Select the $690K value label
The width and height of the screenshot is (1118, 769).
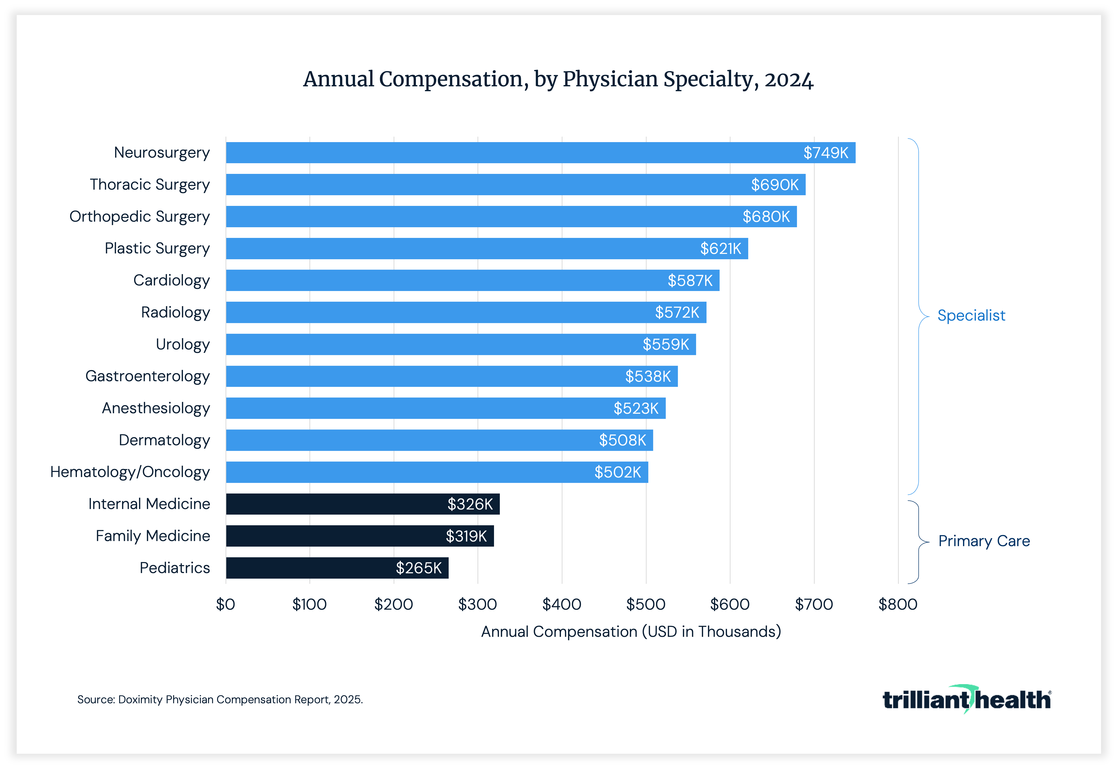[774, 185]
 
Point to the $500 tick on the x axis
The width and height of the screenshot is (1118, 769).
[646, 604]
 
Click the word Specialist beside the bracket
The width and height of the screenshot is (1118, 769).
[971, 316]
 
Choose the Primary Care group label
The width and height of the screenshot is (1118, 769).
[984, 541]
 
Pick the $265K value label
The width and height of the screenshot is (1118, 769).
[418, 568]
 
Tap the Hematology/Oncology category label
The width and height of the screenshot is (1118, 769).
[130, 472]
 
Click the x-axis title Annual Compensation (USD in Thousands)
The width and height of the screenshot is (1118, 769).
[631, 632]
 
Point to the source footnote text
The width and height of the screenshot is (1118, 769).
[220, 700]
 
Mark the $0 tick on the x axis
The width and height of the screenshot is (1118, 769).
[226, 604]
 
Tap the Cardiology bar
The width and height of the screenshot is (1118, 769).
[472, 280]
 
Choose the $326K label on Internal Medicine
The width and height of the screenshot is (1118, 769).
[470, 504]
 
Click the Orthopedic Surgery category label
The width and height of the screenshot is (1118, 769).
[140, 217]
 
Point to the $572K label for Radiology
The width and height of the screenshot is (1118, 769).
[677, 313]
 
